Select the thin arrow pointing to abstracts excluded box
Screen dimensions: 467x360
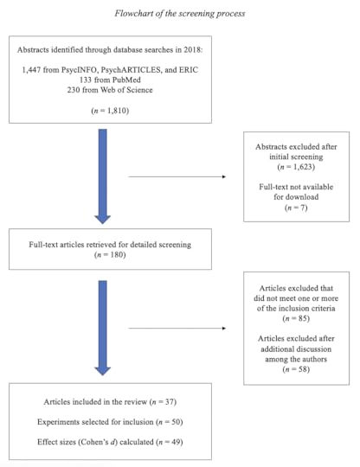pyautogui.click(x=178, y=179)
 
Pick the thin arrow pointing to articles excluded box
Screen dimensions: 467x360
pyautogui.click(x=178, y=329)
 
